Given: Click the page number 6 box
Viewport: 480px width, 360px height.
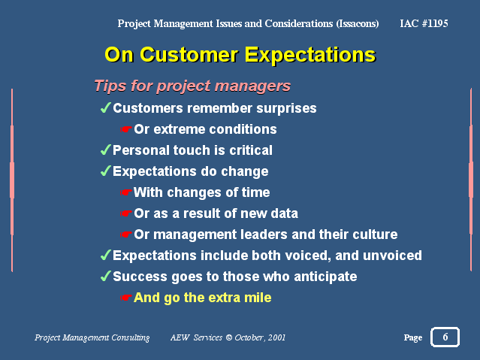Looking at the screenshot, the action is (x=445, y=337).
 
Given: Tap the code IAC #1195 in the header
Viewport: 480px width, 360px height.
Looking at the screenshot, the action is (x=424, y=23).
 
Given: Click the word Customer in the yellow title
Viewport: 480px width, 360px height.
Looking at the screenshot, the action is (x=189, y=55).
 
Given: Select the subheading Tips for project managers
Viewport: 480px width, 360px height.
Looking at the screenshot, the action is (x=192, y=86).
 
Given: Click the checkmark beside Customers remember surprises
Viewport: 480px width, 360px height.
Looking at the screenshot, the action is (x=106, y=107).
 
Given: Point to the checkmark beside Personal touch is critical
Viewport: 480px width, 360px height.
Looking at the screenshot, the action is (x=106, y=150).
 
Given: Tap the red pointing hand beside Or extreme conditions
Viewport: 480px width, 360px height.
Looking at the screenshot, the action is (x=125, y=129).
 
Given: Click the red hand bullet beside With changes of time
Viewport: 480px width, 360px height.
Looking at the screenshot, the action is (x=125, y=192).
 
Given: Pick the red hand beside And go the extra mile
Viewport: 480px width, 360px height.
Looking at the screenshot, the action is (x=125, y=298).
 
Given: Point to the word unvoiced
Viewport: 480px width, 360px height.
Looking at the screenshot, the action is (x=392, y=256).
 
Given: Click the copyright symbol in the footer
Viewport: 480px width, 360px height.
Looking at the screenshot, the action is (x=228, y=337).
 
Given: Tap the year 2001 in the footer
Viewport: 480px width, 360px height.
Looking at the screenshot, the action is (x=276, y=337).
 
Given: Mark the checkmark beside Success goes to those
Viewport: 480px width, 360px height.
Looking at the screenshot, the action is (x=106, y=276).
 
